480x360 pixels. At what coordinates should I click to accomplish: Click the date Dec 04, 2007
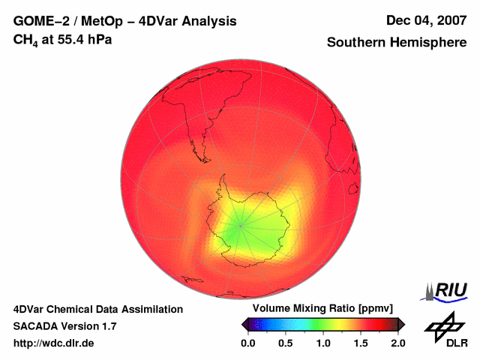[x=425, y=21]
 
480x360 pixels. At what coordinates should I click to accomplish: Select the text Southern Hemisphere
[x=397, y=43]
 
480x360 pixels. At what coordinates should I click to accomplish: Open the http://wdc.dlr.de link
[x=54, y=343]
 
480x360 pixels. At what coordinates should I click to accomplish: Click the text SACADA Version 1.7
[x=65, y=326]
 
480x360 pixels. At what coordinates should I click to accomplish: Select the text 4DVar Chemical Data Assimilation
[x=98, y=309]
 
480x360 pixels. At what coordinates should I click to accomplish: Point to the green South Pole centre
[x=241, y=223]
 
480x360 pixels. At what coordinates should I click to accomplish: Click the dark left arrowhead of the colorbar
[x=244, y=324]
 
